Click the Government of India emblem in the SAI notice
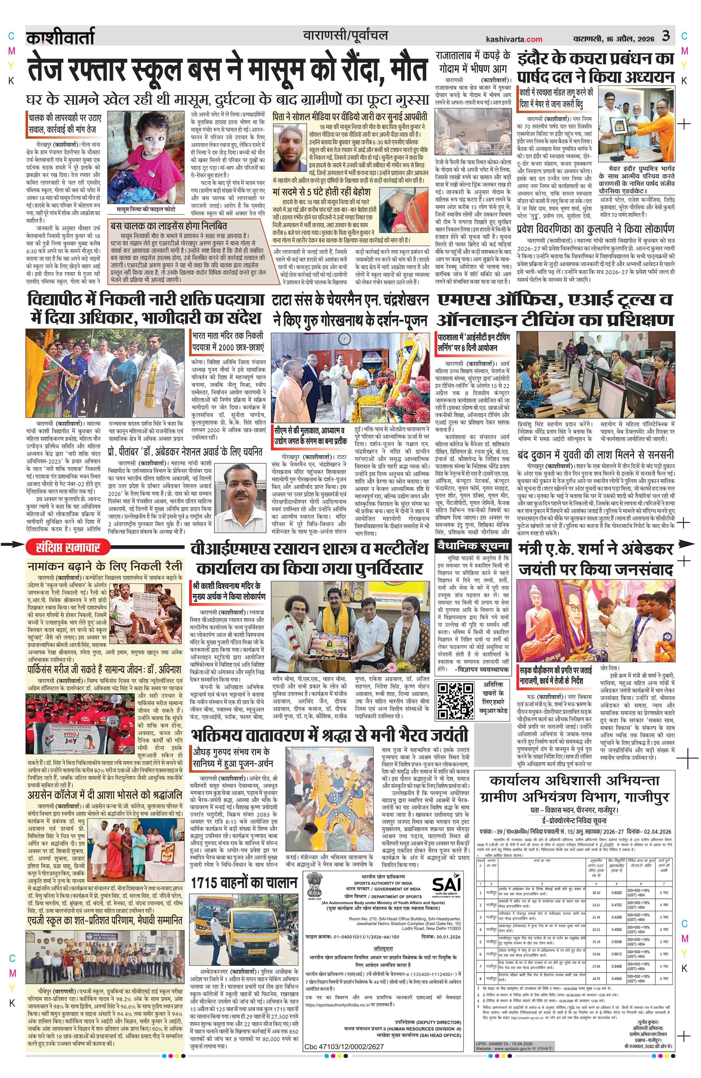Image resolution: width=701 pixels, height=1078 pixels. [316, 884]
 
